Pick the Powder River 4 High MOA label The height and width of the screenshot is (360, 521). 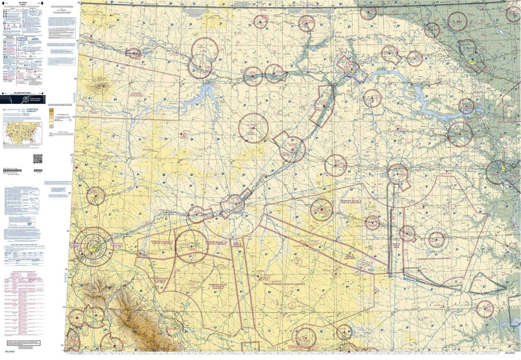436,259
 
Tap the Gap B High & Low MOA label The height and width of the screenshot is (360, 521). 349,256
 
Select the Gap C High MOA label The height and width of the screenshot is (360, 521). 396,246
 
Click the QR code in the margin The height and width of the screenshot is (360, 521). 38,158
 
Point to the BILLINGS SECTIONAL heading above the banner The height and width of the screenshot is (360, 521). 24,93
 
